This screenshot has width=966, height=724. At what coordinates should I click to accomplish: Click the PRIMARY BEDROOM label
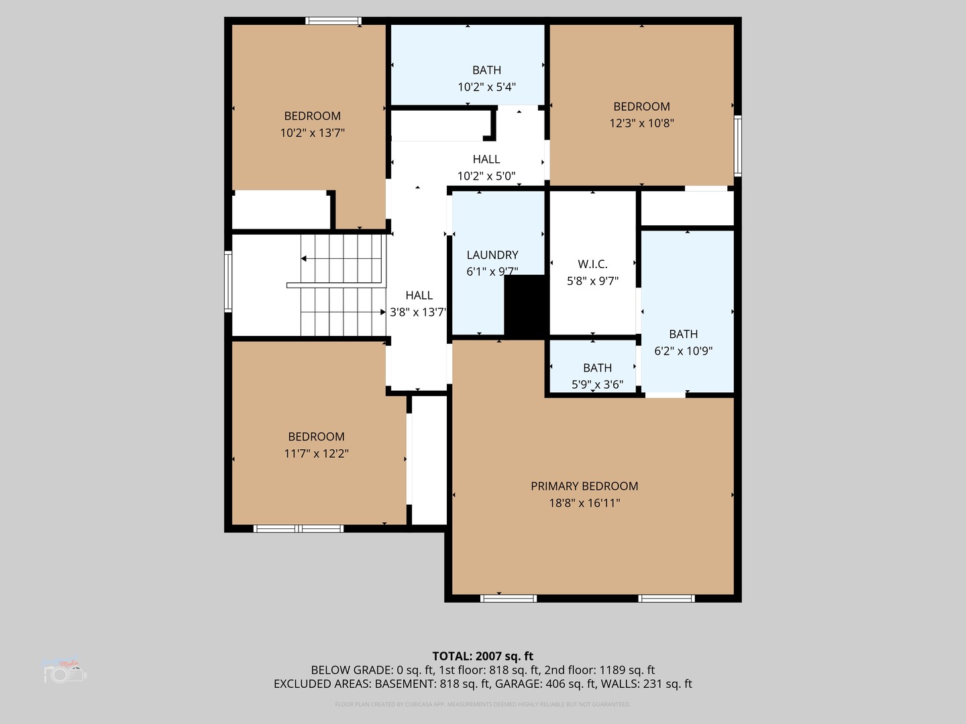tap(584, 486)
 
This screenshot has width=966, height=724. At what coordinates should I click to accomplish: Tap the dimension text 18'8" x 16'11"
tap(584, 503)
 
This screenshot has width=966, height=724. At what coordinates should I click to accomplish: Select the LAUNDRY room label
tap(492, 255)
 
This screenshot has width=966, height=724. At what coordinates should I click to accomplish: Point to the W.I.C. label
tap(592, 264)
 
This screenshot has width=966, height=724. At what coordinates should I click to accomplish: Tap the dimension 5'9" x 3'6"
tap(597, 385)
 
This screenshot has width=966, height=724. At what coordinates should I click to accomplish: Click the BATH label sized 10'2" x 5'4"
tap(486, 70)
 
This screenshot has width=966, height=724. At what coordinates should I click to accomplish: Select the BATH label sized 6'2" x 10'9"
tap(683, 334)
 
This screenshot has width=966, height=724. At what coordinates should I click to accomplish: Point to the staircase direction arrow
tap(305, 258)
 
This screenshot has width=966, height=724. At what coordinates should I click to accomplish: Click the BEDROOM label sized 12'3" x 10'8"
tap(641, 107)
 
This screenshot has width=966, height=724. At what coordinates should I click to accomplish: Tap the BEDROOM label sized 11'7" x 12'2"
tap(316, 436)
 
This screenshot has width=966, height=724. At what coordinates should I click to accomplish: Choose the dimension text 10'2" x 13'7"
tap(312, 133)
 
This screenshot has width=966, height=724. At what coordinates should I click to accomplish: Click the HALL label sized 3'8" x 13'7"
tap(419, 295)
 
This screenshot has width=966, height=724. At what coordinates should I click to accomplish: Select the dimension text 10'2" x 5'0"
tap(486, 176)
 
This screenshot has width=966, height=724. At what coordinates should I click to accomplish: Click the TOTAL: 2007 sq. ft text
tap(482, 656)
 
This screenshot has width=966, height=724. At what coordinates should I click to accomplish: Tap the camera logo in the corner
tap(65, 671)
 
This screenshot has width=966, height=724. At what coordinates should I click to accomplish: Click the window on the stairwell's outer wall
tap(228, 282)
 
